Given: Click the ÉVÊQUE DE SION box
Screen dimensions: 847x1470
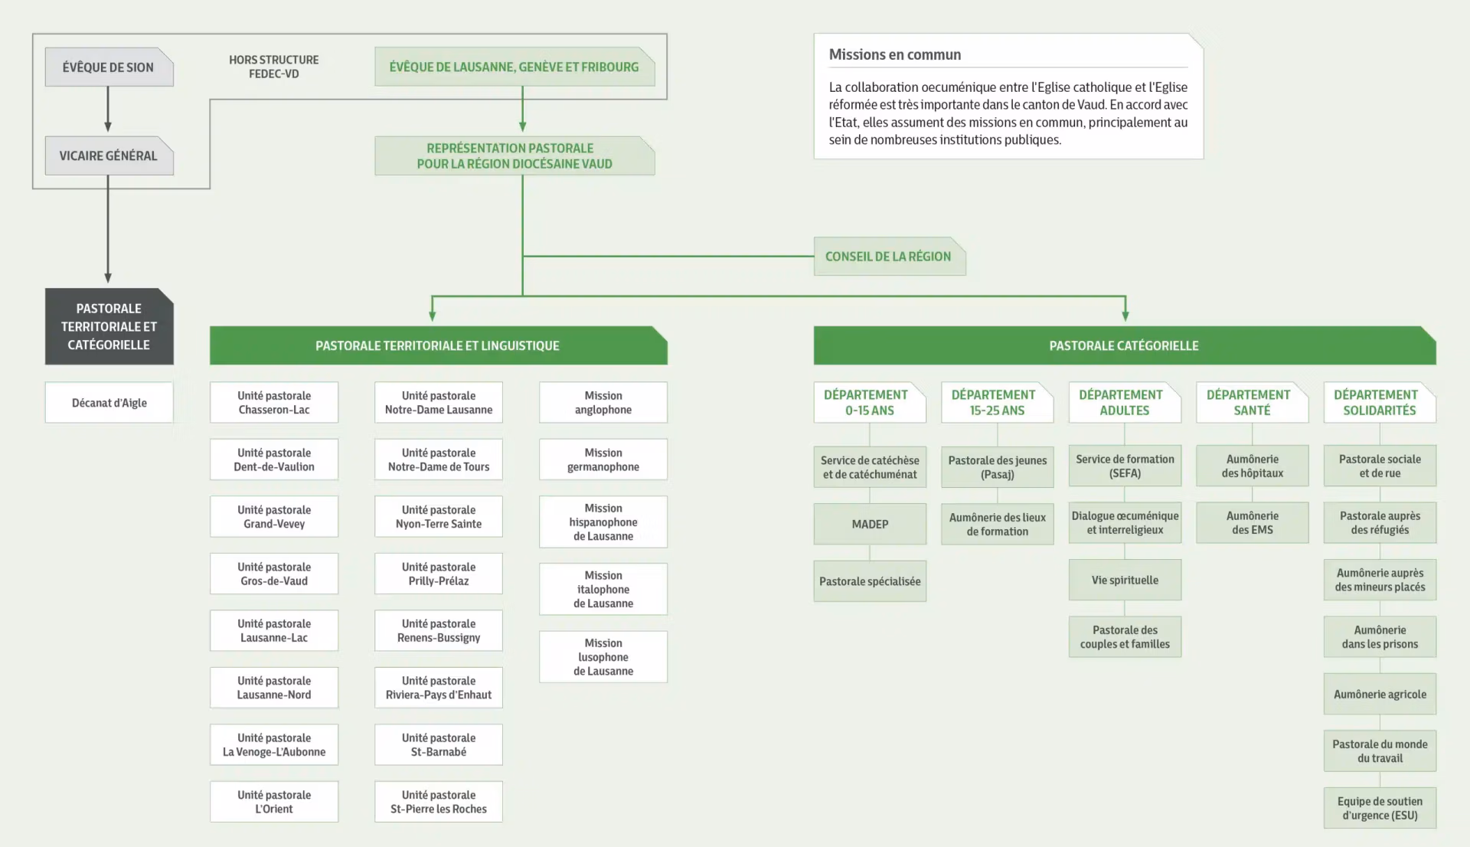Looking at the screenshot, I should pos(109,67).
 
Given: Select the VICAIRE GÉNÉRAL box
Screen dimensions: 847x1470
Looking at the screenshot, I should pos(109,156).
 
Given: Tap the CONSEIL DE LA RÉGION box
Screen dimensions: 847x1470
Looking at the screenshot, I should pos(888,257).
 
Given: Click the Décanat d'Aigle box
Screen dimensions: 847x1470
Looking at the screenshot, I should pos(109,403).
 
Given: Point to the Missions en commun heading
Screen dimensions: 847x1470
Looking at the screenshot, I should pos(894,55).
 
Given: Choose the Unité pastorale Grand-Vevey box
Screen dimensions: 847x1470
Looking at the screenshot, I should pos(274,517).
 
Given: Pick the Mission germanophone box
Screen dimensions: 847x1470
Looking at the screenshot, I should pos(603,459).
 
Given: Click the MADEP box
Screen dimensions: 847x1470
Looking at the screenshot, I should pos(870,525).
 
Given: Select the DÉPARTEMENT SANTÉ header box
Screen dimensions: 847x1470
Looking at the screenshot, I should pos(1252,403).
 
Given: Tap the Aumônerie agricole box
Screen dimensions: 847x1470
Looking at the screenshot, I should pos(1380,695).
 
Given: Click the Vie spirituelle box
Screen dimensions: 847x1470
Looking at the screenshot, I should pos(1125,580).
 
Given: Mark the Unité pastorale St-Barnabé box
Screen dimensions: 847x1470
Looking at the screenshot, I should pos(439,745).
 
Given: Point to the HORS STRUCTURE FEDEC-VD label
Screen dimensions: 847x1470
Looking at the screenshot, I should pos(274,67).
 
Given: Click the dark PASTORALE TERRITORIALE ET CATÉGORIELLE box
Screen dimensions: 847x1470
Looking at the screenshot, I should pos(109,327).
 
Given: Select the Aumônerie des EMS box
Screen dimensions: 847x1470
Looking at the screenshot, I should pos(1252,523).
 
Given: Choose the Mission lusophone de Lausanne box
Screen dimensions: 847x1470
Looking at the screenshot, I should pos(603,657).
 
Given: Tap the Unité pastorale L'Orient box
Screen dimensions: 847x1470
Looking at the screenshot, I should pos(274,802).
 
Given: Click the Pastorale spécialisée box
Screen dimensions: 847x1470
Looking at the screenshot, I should pos(870,581).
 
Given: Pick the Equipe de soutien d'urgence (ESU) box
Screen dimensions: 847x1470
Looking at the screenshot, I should pos(1380,808).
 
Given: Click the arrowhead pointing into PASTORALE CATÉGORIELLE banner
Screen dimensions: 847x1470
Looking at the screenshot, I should pos(1125,315).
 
